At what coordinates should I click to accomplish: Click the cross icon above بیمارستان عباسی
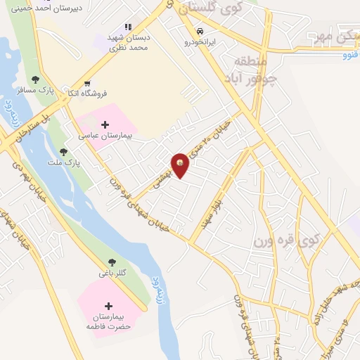click(x=105, y=124)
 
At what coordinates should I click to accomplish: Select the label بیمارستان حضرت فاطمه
click(x=110, y=322)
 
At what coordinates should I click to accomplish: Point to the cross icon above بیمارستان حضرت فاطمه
click(x=108, y=307)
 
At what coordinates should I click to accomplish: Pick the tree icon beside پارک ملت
click(x=63, y=152)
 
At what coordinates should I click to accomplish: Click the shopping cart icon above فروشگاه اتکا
click(x=87, y=83)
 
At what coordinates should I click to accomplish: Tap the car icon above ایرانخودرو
click(x=200, y=32)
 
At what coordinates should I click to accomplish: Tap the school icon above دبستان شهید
click(x=127, y=26)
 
